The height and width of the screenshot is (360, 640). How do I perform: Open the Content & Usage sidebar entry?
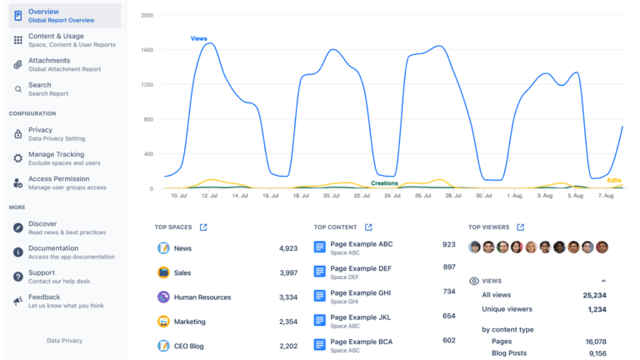56,36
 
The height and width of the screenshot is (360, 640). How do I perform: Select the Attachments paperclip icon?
18,64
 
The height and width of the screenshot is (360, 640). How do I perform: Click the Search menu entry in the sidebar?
39,85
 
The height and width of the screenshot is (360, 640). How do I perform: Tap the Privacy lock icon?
18,134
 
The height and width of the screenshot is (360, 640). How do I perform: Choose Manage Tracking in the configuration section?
56,154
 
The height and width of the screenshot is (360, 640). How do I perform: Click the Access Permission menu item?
58,178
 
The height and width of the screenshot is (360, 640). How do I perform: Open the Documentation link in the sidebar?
53,248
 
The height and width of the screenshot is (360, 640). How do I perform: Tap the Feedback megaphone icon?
18,301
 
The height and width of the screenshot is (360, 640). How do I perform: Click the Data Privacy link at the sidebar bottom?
64,341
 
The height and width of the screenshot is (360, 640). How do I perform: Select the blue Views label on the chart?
199,38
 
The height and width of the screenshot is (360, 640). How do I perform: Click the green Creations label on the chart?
384,182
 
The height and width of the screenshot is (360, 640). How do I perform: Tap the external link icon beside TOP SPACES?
203,227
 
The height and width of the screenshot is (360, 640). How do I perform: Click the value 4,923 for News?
287,248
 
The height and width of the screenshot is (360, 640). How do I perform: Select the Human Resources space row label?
202,297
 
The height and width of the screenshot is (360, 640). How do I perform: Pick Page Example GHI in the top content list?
361,292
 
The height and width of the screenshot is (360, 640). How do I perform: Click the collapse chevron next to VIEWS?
603,282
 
